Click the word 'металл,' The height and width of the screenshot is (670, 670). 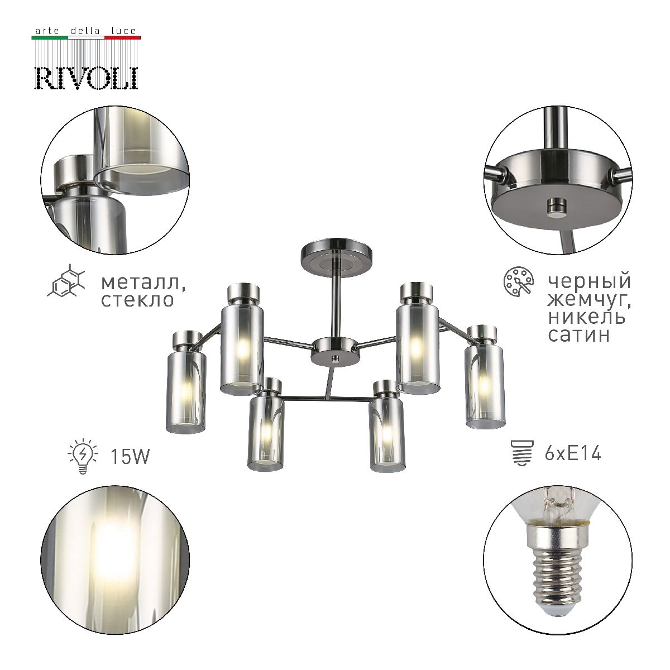143,283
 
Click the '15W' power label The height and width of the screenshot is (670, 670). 130,457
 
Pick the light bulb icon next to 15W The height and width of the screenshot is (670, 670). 83,457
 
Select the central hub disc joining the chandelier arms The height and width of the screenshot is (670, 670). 334,351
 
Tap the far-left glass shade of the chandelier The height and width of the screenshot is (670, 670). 186,391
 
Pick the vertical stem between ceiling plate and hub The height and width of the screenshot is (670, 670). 335,301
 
